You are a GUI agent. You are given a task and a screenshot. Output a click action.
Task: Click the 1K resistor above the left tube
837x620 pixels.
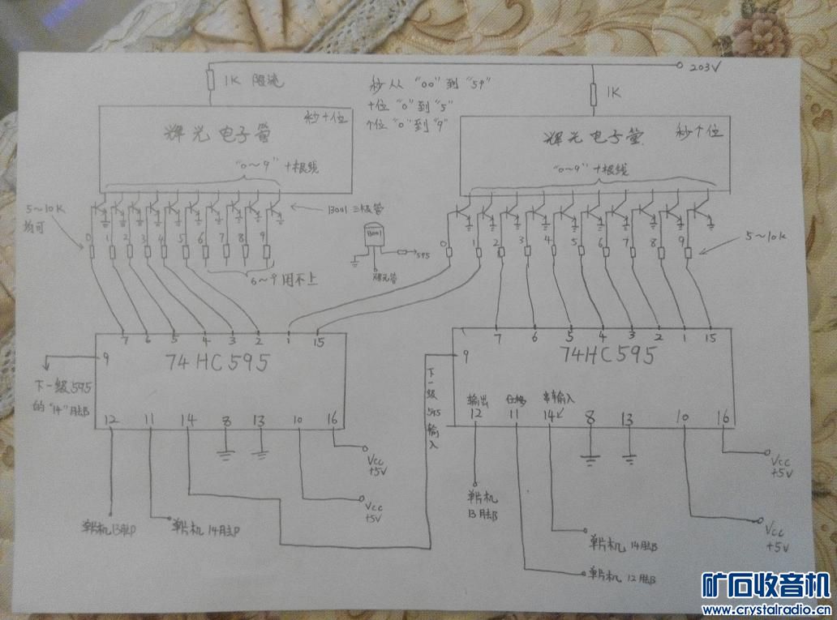point(209,80)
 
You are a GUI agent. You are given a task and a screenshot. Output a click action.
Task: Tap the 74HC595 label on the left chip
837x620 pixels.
point(207,363)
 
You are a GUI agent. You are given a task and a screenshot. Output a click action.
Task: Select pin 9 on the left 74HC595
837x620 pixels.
point(105,357)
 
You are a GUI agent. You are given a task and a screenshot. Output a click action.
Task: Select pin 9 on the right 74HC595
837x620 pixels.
point(466,355)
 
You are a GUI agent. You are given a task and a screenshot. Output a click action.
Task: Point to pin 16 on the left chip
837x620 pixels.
point(331,420)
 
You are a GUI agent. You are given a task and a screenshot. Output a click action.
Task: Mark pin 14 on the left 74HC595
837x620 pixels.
point(189,420)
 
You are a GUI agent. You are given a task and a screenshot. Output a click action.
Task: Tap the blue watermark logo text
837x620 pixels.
point(765,586)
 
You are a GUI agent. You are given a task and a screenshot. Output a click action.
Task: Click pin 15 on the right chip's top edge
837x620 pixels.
point(710,336)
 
